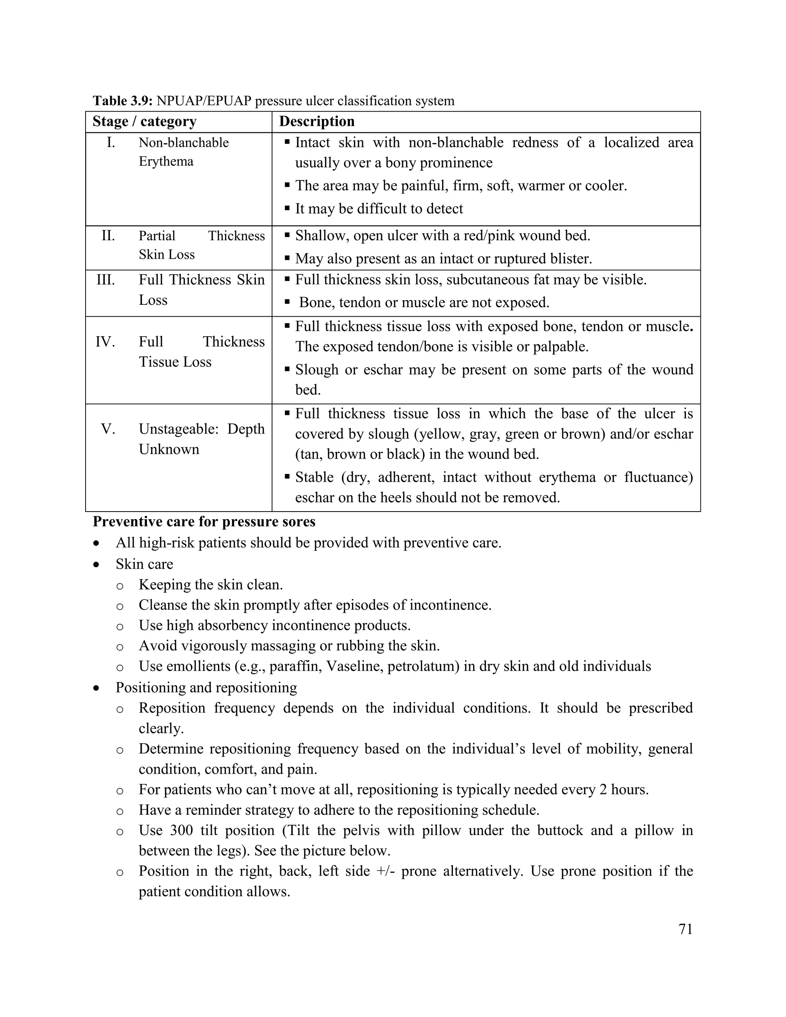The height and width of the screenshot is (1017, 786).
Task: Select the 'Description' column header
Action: pyautogui.click(x=317, y=122)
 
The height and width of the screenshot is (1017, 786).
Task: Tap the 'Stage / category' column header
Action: pyautogui.click(x=144, y=122)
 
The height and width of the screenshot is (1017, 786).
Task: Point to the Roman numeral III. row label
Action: pyautogui.click(x=106, y=280)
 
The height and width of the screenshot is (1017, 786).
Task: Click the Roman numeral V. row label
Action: pyautogui.click(x=108, y=429)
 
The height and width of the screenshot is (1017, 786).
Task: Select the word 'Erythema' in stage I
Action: pyautogui.click(x=166, y=162)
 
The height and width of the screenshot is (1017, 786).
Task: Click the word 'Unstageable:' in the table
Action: pyautogui.click(x=178, y=429)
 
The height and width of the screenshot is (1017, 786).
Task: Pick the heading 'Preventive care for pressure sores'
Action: pyautogui.click(x=204, y=522)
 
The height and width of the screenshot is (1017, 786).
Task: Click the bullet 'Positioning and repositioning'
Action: pyautogui.click(x=206, y=687)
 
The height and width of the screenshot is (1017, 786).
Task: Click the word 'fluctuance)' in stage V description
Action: pyautogui.click(x=659, y=477)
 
